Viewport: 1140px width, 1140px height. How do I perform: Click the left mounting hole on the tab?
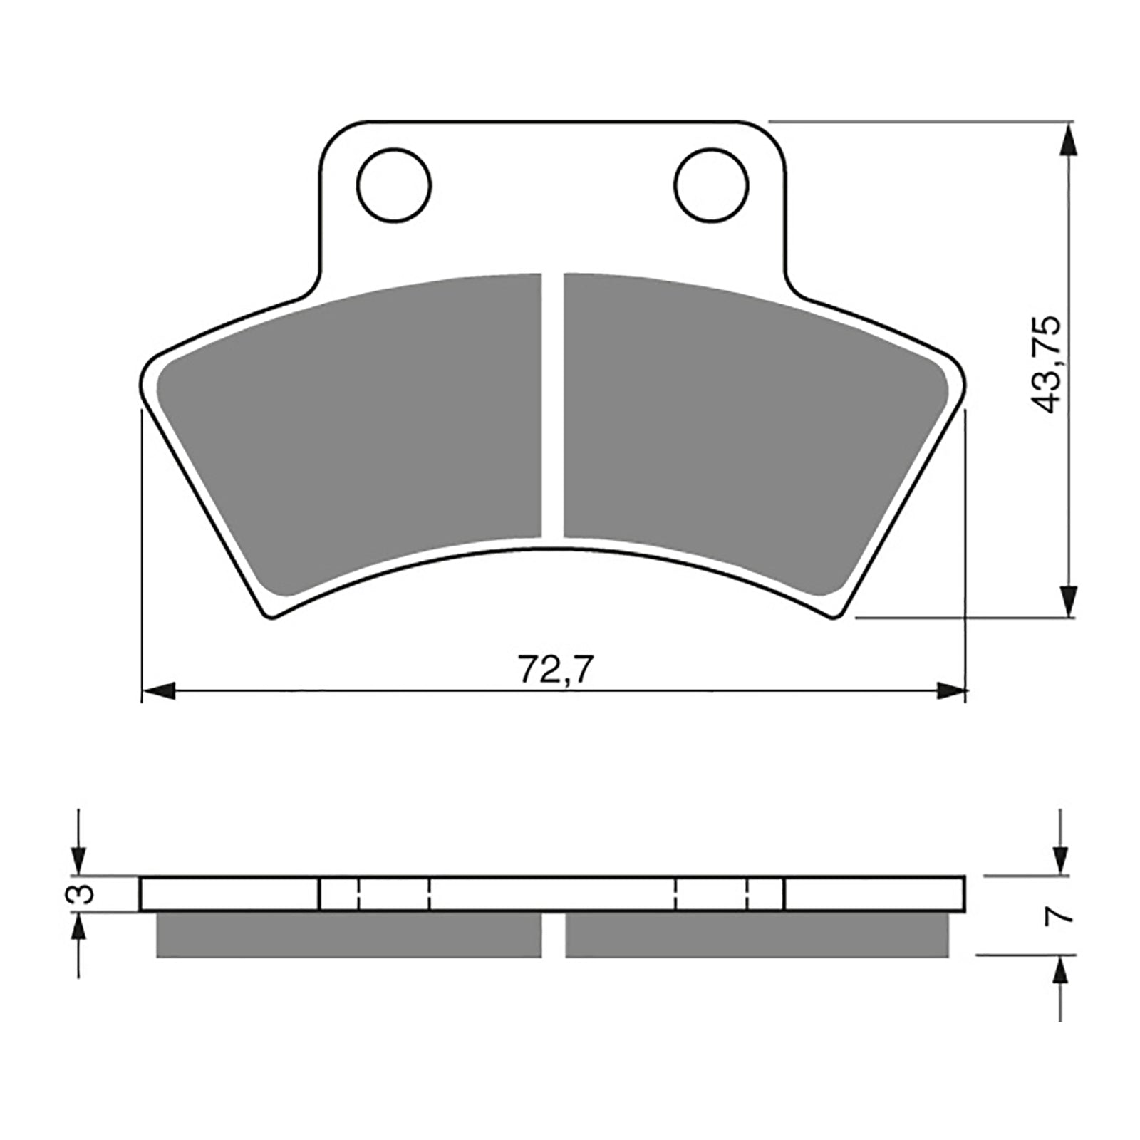click(x=394, y=185)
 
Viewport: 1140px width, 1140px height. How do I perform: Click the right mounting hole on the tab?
click(x=712, y=185)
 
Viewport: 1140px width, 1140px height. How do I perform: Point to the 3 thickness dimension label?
click(x=83, y=893)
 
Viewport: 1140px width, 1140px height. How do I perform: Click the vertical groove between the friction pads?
click(x=552, y=406)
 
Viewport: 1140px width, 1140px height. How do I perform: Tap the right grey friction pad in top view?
click(x=748, y=435)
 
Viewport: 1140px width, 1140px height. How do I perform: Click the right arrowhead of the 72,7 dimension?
click(x=951, y=690)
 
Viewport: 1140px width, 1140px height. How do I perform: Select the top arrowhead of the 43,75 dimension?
click(x=1066, y=139)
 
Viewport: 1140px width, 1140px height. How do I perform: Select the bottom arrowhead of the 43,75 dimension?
click(x=1066, y=601)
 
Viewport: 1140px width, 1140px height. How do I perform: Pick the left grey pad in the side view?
click(x=348, y=934)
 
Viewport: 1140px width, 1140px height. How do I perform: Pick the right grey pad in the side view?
click(x=757, y=934)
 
